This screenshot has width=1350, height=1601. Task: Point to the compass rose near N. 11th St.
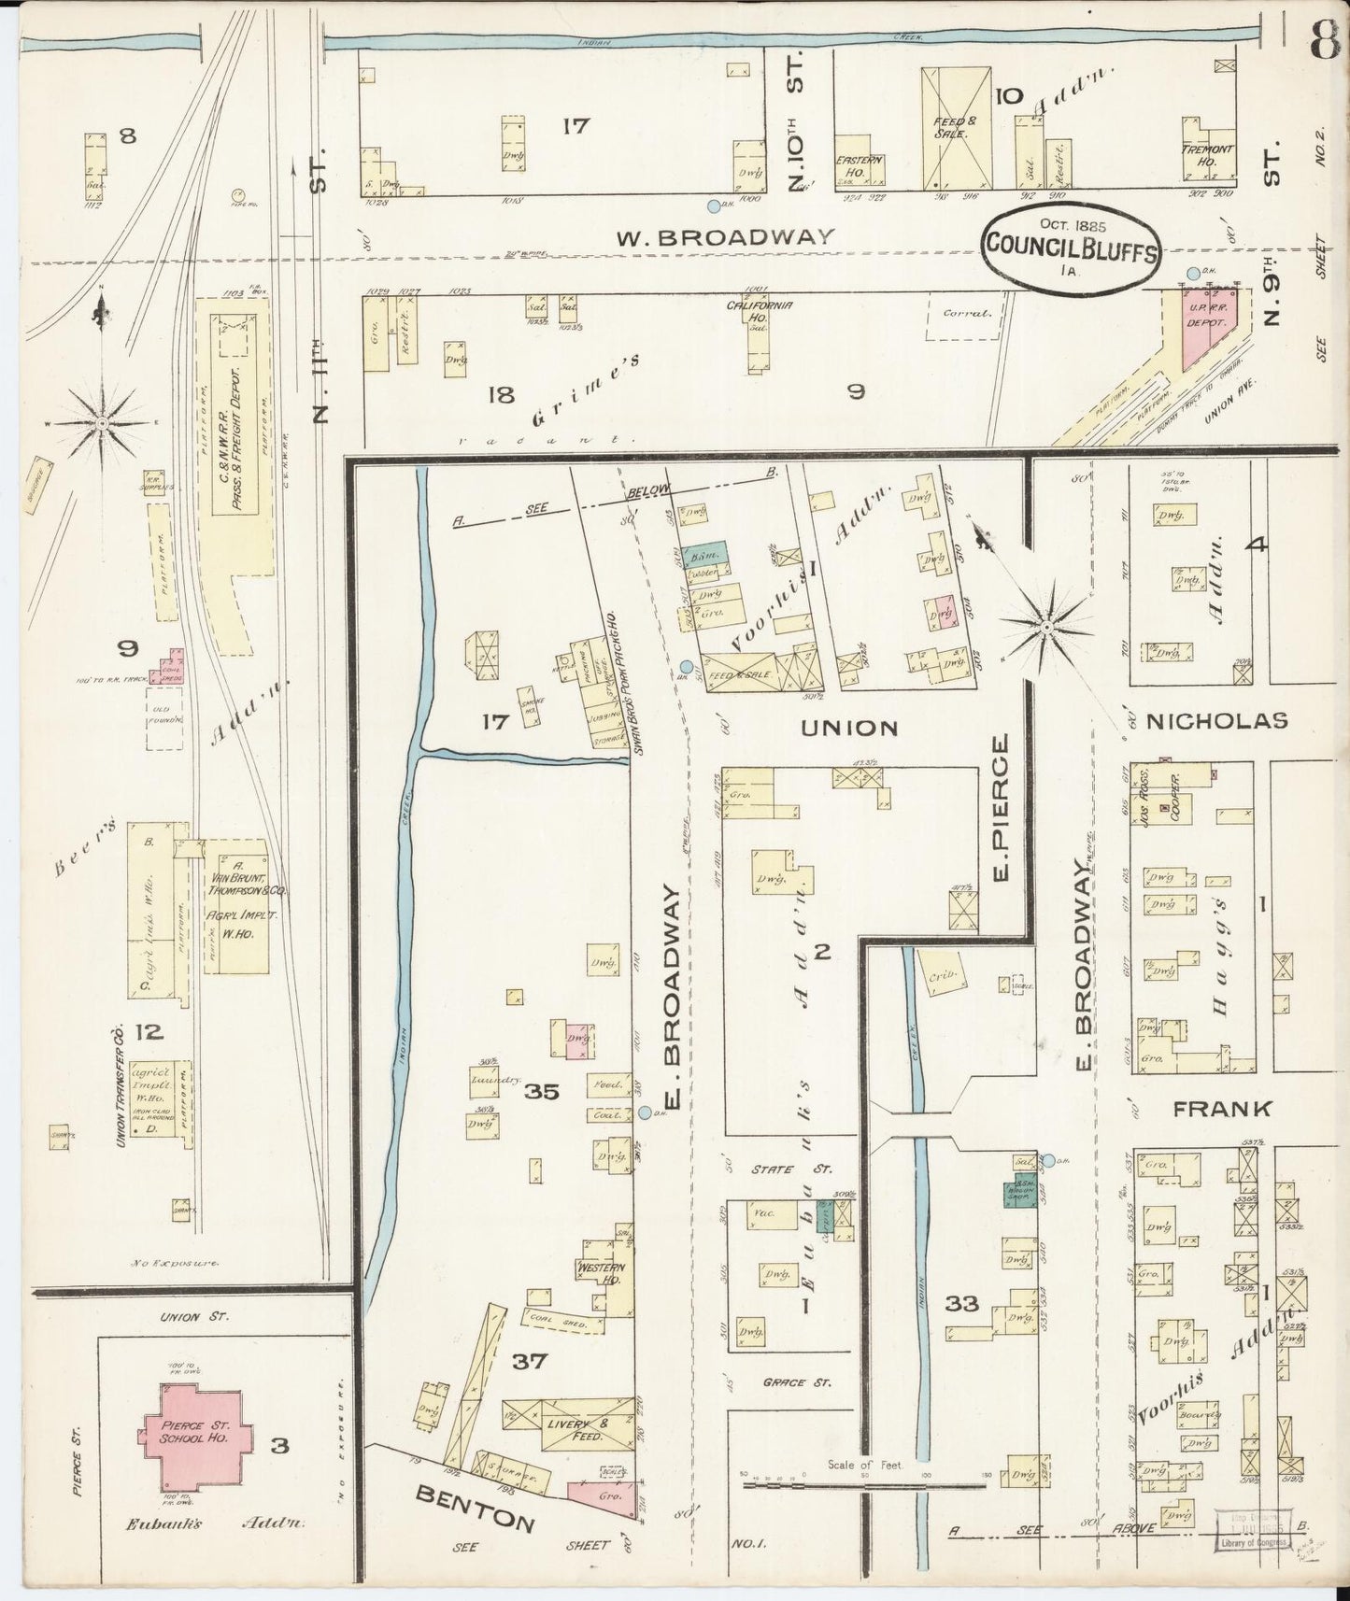(102, 422)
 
